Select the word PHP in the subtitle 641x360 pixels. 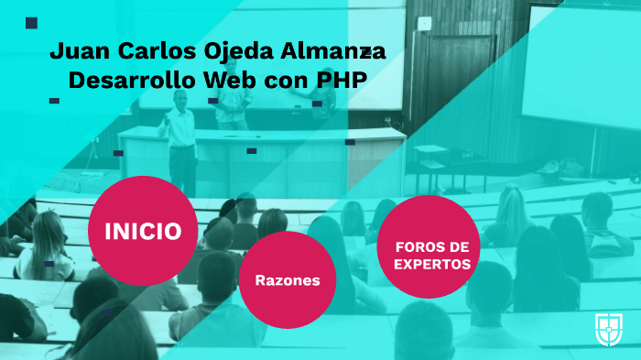(342, 80)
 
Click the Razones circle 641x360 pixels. (287, 279)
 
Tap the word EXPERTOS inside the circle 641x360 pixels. (433, 264)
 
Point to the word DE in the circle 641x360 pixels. (460, 247)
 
